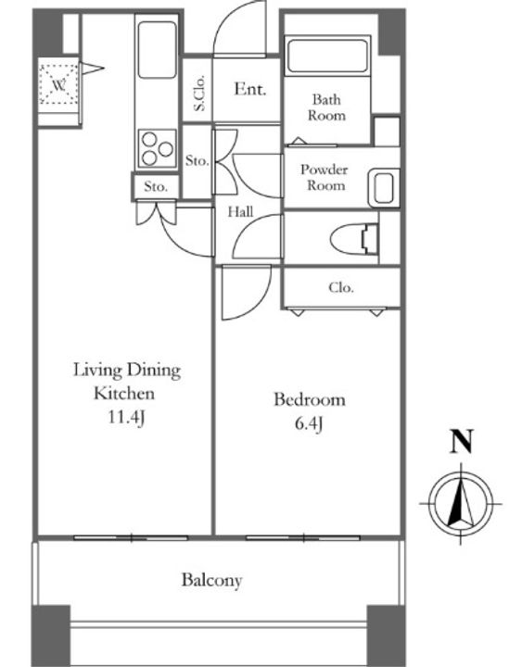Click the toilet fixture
click(355, 240)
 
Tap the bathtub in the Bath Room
click(327, 57)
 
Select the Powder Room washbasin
click(383, 187)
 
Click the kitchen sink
click(157, 50)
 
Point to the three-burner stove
click(157, 149)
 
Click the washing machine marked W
click(58, 84)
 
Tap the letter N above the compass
click(462, 441)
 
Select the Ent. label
click(250, 89)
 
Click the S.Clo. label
click(199, 93)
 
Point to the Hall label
click(240, 211)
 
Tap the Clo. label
click(341, 288)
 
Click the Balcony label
click(211, 580)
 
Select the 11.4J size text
click(125, 418)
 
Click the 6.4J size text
click(309, 424)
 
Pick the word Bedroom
click(310, 400)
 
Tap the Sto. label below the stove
click(156, 186)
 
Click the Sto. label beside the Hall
click(197, 161)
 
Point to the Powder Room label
click(325, 177)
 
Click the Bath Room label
click(326, 107)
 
